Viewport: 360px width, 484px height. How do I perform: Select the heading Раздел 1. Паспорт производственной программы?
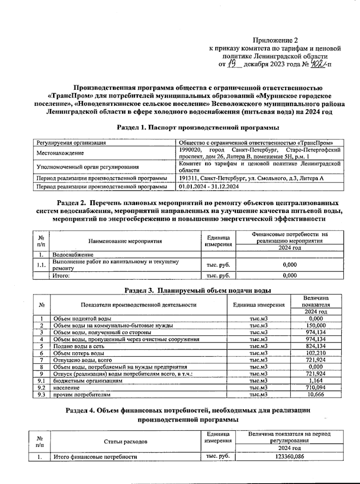(198, 127)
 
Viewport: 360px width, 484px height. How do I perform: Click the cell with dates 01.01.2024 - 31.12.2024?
(209, 187)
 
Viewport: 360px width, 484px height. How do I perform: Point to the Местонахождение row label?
(60, 153)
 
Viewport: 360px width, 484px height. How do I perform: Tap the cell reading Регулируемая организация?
(71, 143)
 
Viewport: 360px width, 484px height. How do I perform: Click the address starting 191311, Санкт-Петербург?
(251, 178)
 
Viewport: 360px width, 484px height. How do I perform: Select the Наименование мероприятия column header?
(125, 241)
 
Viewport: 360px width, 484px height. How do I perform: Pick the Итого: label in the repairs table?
(61, 276)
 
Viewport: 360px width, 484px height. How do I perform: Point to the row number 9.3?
(41, 395)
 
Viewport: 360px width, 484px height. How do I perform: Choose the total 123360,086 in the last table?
(289, 456)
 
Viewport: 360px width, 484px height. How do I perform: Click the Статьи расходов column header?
(125, 442)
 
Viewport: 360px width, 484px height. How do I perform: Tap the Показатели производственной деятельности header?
(138, 305)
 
